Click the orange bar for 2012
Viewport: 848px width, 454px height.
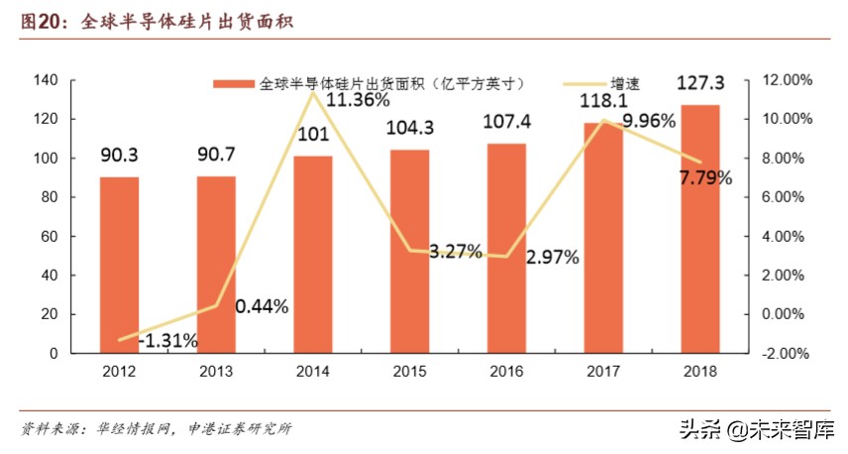[x=119, y=265]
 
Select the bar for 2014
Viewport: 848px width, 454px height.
[x=313, y=254]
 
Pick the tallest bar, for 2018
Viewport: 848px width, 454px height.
[x=700, y=229]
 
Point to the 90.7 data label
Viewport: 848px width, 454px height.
[x=216, y=156]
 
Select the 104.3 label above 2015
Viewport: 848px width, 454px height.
[x=410, y=129]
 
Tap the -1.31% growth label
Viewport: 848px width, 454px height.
[x=168, y=340]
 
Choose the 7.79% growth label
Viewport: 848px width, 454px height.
[x=705, y=178]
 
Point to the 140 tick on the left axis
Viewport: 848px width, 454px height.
[x=47, y=80]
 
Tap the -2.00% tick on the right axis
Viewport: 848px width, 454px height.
[x=786, y=354]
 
